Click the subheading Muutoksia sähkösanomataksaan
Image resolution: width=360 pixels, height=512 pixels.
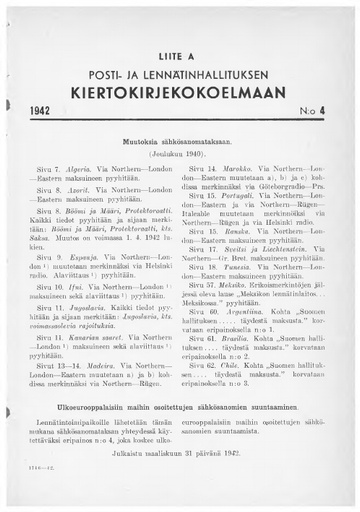(179, 146)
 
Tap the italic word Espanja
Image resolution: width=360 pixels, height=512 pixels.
(94, 258)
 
